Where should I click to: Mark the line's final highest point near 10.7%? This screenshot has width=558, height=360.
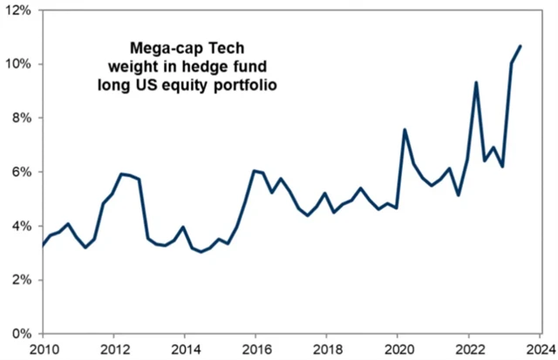[x=521, y=46]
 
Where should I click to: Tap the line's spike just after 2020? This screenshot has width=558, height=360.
[x=405, y=130]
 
